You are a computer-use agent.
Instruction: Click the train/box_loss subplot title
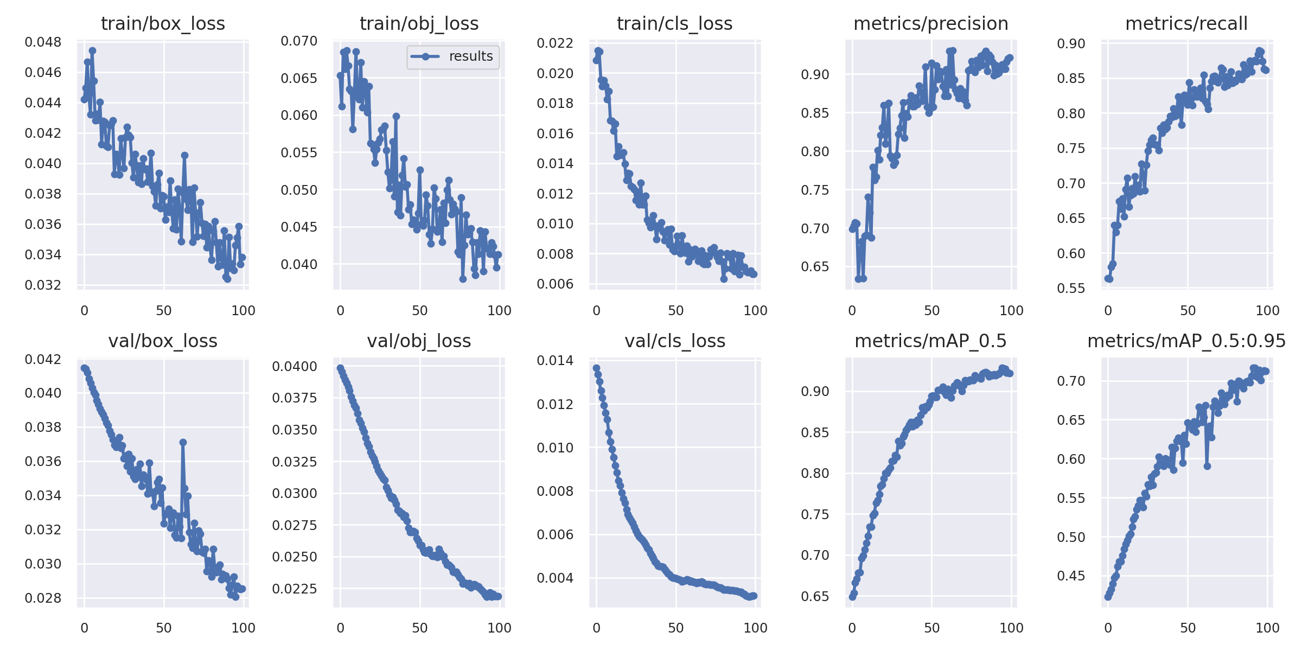click(x=163, y=24)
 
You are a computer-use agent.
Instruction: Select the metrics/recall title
click(x=1186, y=24)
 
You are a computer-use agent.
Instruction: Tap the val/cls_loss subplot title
click(x=675, y=341)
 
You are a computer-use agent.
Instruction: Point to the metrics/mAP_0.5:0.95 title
click(x=1186, y=341)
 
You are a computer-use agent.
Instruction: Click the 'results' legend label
click(x=471, y=56)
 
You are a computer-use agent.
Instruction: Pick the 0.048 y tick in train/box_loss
click(x=43, y=42)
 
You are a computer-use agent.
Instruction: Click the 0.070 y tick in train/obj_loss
click(x=299, y=41)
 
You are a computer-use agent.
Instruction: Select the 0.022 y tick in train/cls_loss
click(x=555, y=43)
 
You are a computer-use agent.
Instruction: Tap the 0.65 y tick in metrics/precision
click(x=815, y=267)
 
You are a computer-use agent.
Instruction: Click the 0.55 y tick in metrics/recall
click(x=1071, y=289)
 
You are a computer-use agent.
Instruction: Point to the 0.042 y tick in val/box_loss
click(x=43, y=360)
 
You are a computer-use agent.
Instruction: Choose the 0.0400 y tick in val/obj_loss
click(x=295, y=367)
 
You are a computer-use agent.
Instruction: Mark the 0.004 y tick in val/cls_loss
click(x=555, y=578)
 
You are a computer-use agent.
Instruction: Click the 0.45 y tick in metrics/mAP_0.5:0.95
click(x=1071, y=576)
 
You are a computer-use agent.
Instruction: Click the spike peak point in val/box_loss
click(x=183, y=442)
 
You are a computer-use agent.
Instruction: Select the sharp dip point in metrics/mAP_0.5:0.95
click(x=1207, y=466)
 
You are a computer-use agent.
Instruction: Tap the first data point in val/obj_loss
click(x=340, y=368)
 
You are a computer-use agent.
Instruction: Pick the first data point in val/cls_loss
click(x=596, y=368)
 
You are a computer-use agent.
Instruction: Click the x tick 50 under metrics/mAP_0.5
click(x=931, y=628)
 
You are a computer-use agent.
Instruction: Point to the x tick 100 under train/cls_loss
click(x=755, y=311)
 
